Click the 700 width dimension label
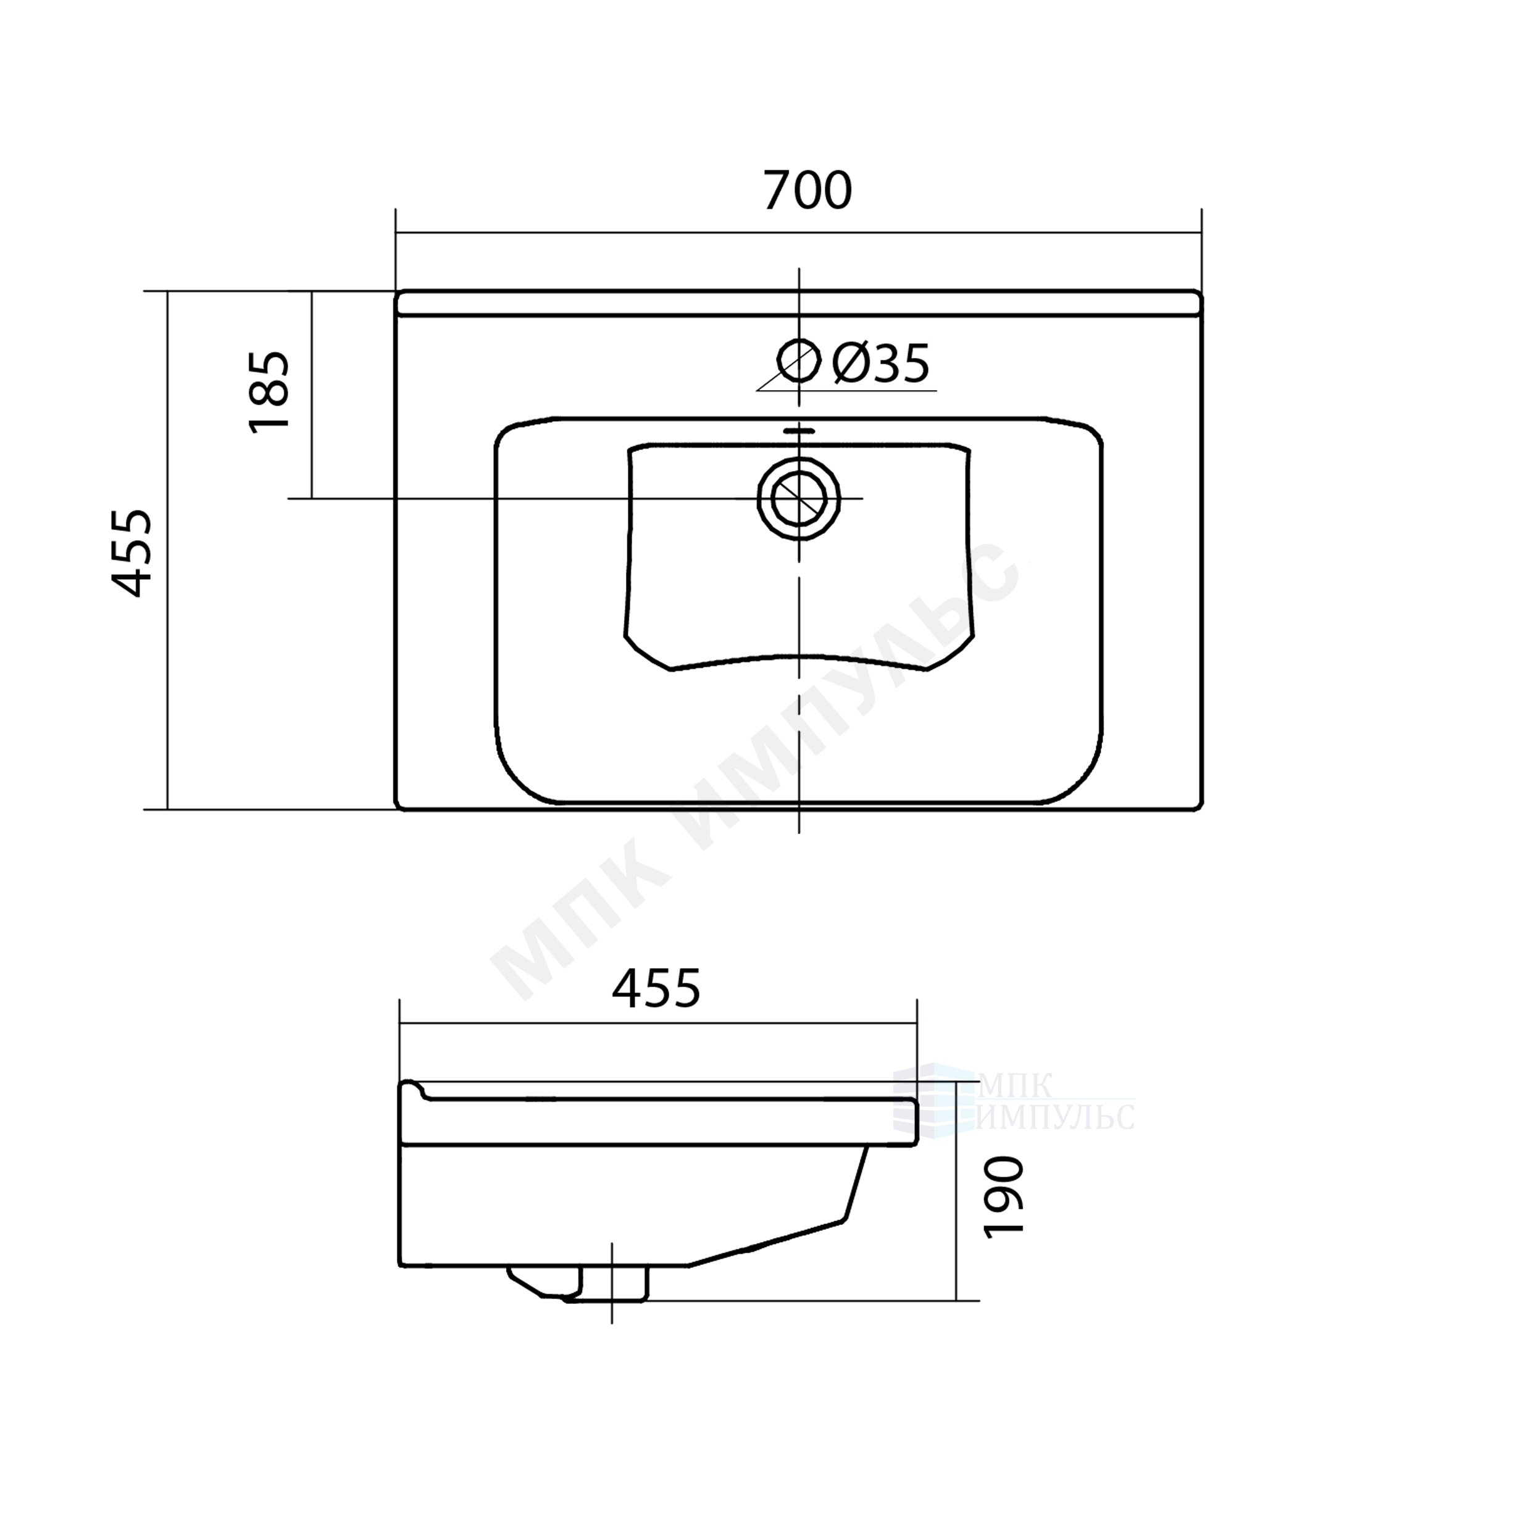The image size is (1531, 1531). (807, 190)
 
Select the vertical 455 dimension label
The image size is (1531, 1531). (131, 553)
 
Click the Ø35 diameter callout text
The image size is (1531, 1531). (881, 364)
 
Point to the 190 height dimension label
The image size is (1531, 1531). (1003, 1196)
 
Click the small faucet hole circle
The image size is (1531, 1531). (799, 361)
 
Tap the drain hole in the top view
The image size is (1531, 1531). (799, 498)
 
